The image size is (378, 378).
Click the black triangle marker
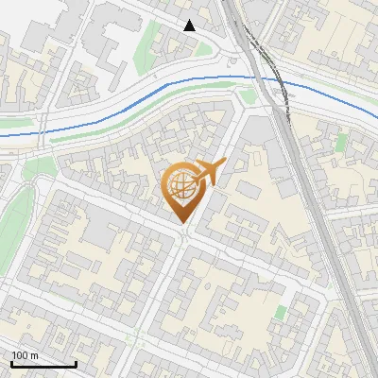tap(190, 26)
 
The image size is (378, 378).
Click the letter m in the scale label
tap(34, 355)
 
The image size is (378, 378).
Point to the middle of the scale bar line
tap(43, 364)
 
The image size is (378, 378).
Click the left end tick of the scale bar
tap(11, 363)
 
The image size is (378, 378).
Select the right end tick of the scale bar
tap(76, 363)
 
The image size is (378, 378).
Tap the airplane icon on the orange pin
tap(209, 172)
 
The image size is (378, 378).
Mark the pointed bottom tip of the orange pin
tap(182, 223)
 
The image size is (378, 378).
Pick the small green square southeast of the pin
tap(280, 312)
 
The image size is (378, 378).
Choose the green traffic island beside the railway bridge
tap(248, 96)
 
